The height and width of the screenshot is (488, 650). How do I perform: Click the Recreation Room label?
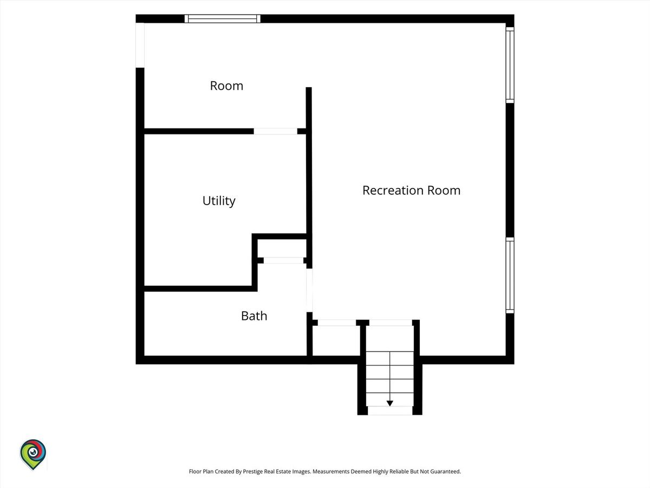411,190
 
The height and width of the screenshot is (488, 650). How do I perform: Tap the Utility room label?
219,201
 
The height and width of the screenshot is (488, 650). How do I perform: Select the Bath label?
254,316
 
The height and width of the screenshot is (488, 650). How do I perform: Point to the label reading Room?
226,86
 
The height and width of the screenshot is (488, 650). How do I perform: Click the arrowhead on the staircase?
389,403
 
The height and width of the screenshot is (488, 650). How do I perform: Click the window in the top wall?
223,18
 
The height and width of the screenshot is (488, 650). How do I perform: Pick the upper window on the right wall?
510,65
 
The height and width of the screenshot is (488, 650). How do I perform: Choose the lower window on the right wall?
510,275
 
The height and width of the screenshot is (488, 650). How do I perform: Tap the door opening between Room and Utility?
275,131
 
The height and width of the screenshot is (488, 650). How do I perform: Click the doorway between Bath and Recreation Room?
309,290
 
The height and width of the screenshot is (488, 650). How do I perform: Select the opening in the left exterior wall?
140,45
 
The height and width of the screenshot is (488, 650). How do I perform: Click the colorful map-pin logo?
33,454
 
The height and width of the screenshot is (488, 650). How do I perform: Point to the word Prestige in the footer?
252,471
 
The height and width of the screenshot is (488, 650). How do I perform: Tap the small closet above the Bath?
282,248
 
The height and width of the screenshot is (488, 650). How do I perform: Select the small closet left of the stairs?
336,341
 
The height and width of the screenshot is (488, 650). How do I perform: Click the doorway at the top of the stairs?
391,323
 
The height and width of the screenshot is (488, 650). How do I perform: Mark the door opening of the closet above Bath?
283,260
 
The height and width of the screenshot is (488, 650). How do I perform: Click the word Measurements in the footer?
331,471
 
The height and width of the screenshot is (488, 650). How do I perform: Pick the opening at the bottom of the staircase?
389,410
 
